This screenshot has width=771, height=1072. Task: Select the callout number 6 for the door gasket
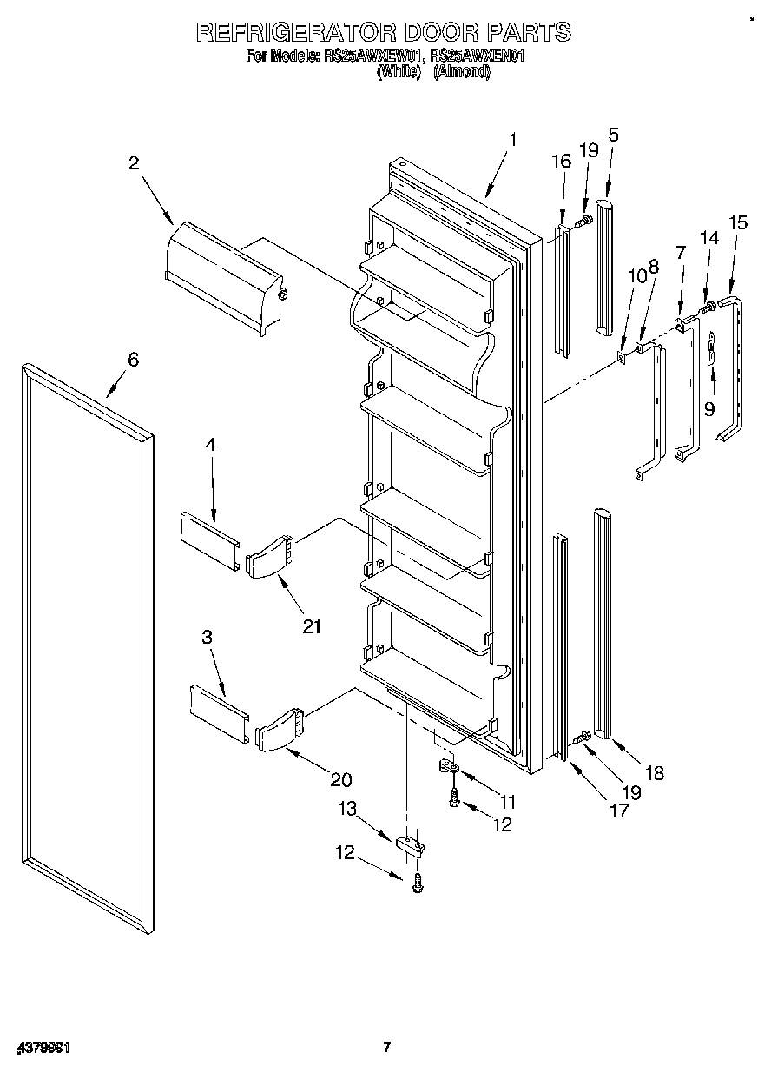(133, 360)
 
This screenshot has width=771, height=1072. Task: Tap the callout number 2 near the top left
(134, 162)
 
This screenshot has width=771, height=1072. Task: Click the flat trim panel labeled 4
(208, 542)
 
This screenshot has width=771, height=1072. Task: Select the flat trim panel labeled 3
(220, 714)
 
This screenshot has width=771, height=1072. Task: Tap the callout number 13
(346, 809)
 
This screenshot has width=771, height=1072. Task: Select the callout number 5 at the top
(613, 135)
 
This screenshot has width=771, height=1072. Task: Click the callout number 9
(709, 408)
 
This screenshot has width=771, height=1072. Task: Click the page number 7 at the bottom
(386, 1047)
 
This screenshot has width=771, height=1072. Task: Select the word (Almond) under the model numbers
(462, 73)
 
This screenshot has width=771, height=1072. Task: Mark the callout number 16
(561, 162)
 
